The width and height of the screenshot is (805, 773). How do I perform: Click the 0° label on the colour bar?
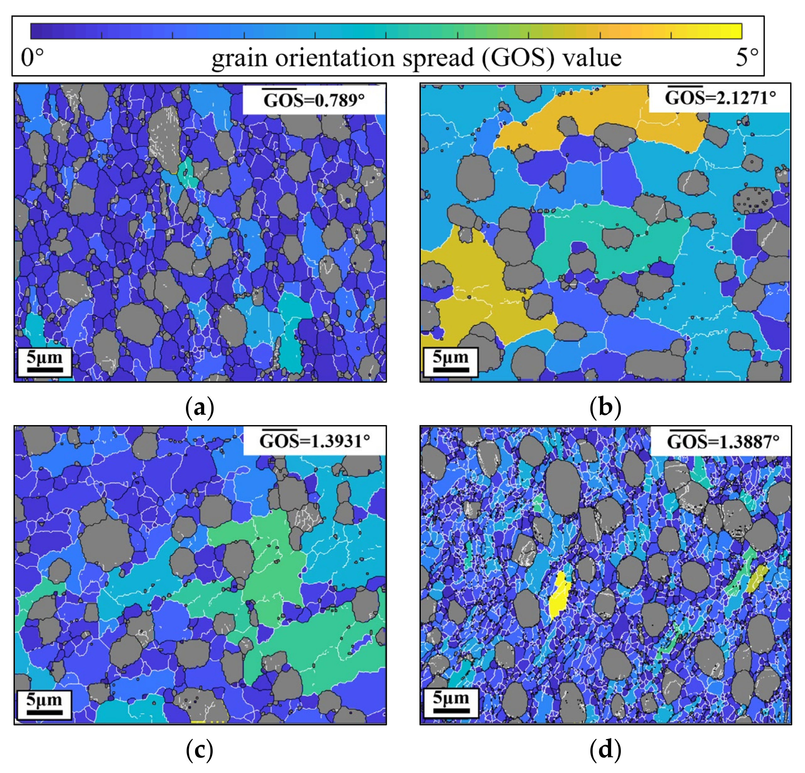[x=32, y=58]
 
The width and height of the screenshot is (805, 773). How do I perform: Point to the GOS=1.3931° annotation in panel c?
[x=314, y=441]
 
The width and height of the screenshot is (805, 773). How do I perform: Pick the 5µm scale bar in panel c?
[x=44, y=704]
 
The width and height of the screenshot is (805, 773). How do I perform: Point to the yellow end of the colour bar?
[x=731, y=31]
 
